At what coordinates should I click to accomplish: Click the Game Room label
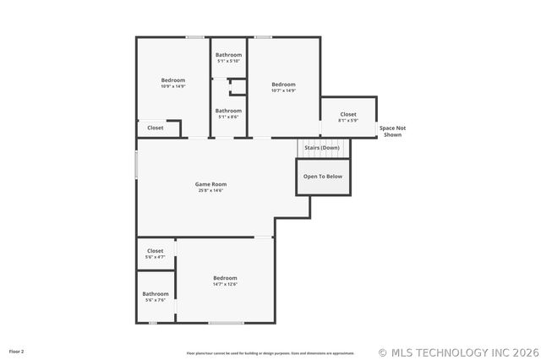210,184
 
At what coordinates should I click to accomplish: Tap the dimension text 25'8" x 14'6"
210,191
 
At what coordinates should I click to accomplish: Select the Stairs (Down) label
322,148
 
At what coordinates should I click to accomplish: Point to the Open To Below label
323,177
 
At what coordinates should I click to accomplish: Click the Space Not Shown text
392,131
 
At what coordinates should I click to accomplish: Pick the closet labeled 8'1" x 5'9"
348,117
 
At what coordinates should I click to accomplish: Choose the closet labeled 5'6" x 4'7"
156,253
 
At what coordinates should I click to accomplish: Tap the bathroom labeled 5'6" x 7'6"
156,297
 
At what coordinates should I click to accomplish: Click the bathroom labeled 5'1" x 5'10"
228,57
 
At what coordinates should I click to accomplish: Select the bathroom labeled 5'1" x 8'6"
228,113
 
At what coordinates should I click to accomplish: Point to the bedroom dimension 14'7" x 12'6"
225,285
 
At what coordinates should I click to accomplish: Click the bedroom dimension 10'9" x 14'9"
173,86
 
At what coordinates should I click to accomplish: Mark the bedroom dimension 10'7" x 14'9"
283,90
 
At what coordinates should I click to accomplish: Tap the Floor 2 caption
17,351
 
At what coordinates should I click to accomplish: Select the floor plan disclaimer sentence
270,353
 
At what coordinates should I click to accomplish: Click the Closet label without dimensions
156,128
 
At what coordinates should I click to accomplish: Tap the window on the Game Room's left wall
136,164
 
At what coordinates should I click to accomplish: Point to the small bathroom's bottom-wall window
153,323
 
